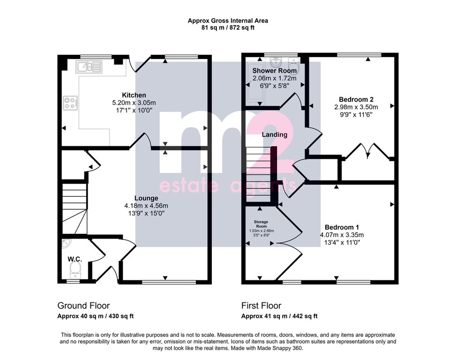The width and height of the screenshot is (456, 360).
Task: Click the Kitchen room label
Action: coord(134,95)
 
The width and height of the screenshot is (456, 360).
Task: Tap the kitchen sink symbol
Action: coord(89,67)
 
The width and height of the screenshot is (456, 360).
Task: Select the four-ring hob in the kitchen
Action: coord(70,103)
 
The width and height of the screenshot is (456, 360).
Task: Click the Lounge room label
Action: coord(146,198)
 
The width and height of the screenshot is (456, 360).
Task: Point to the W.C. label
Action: coord(75,259)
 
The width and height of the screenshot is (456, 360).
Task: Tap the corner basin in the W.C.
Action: coord(66,243)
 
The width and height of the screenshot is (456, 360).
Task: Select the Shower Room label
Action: coord(275,70)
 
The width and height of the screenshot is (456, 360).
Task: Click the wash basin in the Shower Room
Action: coord(276,62)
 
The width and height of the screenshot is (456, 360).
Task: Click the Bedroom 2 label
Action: coord(356,99)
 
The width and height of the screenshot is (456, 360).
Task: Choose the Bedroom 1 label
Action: coord(342,227)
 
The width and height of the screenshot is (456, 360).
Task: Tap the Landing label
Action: coord(275,135)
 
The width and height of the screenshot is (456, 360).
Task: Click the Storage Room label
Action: coord(261,224)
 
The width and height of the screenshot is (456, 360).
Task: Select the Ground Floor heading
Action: coord(83,306)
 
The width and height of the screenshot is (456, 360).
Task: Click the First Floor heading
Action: coord(261,306)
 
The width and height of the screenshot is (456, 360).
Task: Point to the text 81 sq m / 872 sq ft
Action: coord(228,28)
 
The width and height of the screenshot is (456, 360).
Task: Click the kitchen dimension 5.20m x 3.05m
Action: coord(134,103)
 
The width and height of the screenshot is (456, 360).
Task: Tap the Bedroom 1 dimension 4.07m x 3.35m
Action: coord(342,235)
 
